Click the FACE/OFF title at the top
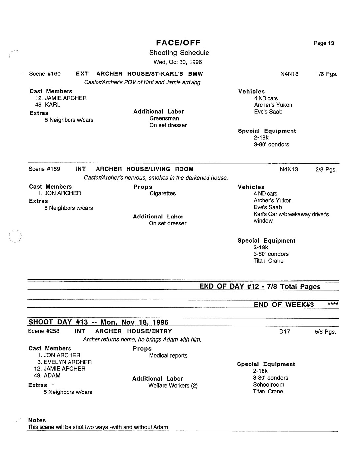(x=178, y=43)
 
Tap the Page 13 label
(x=323, y=43)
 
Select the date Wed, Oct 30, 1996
(x=178, y=62)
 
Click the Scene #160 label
(x=45, y=74)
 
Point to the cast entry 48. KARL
(x=48, y=105)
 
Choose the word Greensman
(x=164, y=118)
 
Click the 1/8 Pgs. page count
(x=326, y=74)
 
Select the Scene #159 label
(x=44, y=169)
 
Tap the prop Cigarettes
(x=162, y=193)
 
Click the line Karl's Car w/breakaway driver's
(x=291, y=214)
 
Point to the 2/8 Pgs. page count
(x=326, y=170)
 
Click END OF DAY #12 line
(x=260, y=286)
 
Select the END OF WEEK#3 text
(x=284, y=305)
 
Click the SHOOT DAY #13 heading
(x=98, y=322)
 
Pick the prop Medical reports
(x=168, y=356)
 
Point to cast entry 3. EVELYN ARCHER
(x=65, y=362)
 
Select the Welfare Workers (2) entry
(x=173, y=386)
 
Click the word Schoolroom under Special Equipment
(x=268, y=385)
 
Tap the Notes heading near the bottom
(x=37, y=420)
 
